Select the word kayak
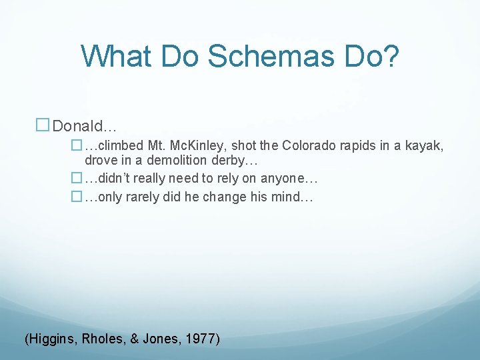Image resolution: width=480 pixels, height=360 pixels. [x=425, y=145]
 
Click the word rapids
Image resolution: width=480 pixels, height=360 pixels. [x=360, y=145]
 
